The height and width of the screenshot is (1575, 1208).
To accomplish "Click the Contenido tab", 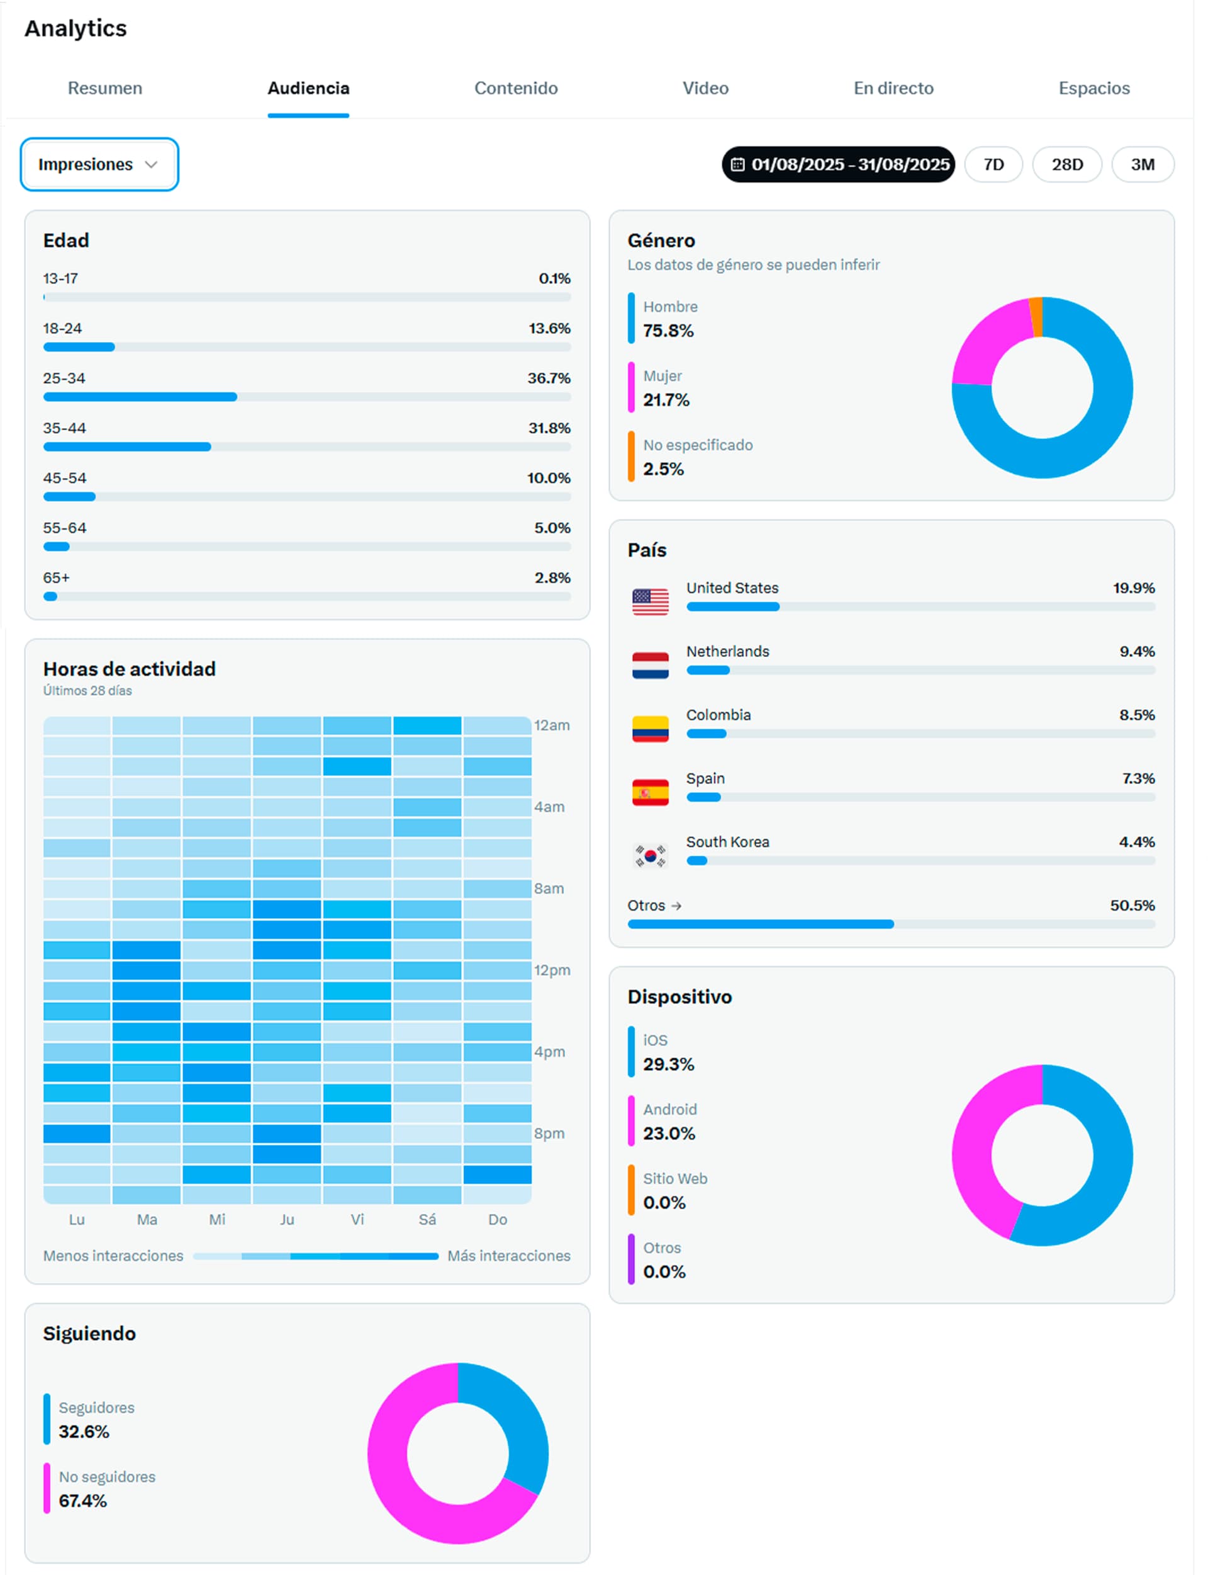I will pos(515,89).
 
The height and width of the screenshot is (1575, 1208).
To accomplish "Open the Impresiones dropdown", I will pos(99,165).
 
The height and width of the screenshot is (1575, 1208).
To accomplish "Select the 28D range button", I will pos(1066,165).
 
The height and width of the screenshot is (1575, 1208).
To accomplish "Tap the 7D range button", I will pos(993,165).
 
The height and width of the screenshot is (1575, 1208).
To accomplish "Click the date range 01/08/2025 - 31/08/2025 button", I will pos(839,165).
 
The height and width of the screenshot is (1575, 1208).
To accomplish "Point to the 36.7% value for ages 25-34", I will pos(549,378).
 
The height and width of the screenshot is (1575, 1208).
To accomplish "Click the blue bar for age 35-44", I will pos(127,447).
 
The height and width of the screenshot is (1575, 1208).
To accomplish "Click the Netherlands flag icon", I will pos(650,665).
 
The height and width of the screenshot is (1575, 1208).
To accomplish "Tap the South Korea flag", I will pos(650,855).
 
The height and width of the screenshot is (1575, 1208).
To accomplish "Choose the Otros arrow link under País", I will pos(654,905).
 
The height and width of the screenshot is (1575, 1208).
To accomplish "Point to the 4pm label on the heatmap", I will pos(549,1052).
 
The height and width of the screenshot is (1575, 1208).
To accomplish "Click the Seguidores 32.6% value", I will pos(84,1432).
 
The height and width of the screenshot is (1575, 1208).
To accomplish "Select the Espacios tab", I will pos(1093,89).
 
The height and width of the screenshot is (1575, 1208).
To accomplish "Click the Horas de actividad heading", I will pos(130,669).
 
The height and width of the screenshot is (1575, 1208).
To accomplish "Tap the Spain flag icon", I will pos(650,792).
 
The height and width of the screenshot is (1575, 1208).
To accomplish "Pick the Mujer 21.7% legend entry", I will pos(666,389).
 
